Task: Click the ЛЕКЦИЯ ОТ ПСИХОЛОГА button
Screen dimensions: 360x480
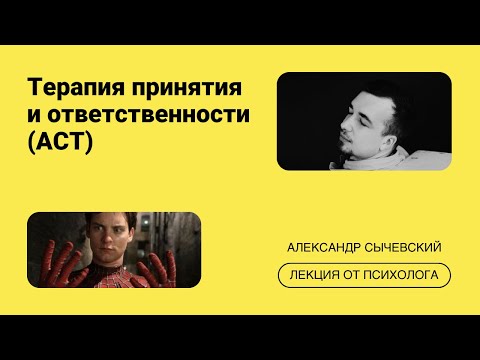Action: pyautogui.click(x=364, y=274)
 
